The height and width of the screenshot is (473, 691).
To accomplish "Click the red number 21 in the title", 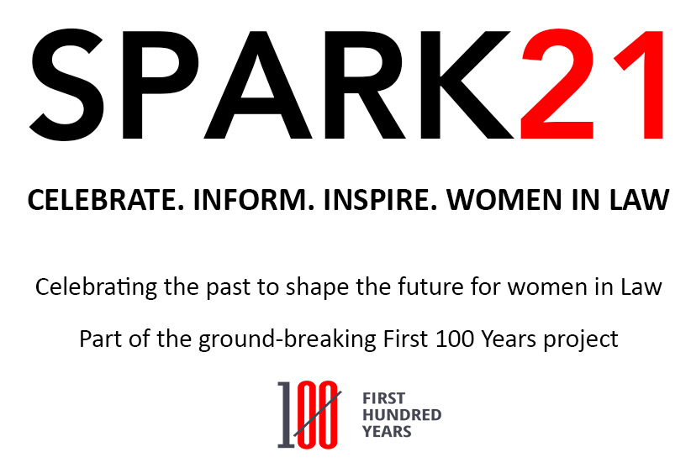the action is [592, 84].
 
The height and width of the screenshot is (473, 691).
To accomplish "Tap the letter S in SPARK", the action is [66, 85].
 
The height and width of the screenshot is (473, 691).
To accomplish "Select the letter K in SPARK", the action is [467, 85].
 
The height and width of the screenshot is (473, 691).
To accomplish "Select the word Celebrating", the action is [96, 288].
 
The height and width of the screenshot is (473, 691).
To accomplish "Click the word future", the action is [430, 287].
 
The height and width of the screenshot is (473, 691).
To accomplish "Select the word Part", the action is [99, 339].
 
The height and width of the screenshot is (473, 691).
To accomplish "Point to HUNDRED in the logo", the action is [402, 415].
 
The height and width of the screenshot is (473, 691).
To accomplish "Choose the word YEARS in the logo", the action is [387, 432].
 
